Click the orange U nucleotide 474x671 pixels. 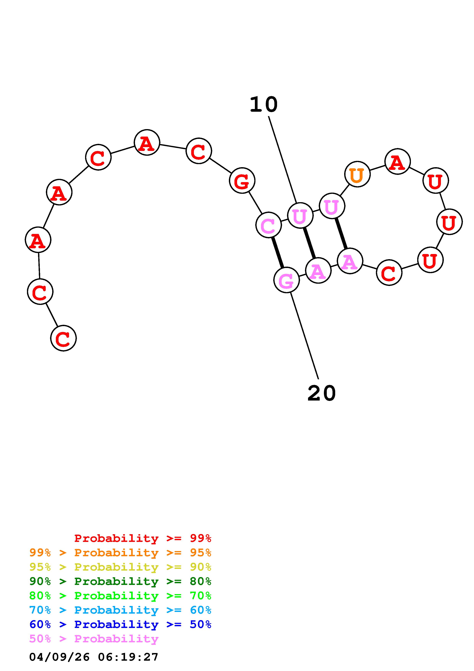pyautogui.click(x=357, y=174)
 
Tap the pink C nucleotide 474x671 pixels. pyautogui.click(x=268, y=225)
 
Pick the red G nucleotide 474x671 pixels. pyautogui.click(x=242, y=180)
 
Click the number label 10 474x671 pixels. pyautogui.click(x=263, y=105)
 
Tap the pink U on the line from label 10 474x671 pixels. pyautogui.click(x=300, y=215)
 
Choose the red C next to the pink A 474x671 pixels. pyautogui.click(x=389, y=273)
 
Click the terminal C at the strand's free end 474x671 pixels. pyautogui.click(x=63, y=338)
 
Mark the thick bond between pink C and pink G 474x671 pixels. pyautogui.click(x=277, y=252)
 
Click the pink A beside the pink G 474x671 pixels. pyautogui.click(x=318, y=270)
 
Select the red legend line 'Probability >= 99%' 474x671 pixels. pyautogui.click(x=142, y=538)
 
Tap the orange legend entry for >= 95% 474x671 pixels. pyautogui.click(x=120, y=553)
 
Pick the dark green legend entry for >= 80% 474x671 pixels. pyautogui.click(x=120, y=581)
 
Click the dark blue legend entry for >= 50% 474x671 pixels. pyautogui.click(x=120, y=624)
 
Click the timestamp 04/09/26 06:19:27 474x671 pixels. pyautogui.click(x=94, y=657)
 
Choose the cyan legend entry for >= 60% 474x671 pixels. pyautogui.click(x=120, y=610)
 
